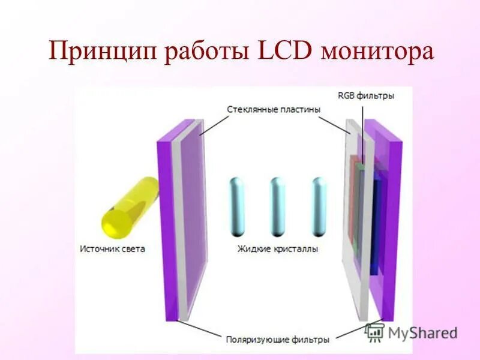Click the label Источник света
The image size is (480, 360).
[x=112, y=248]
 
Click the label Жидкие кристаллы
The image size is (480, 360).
[x=278, y=248]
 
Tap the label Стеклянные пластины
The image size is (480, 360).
[x=274, y=110]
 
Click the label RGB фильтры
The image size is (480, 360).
[x=366, y=95]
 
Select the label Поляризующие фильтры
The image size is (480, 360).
[x=277, y=339]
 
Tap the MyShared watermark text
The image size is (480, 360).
[x=422, y=332]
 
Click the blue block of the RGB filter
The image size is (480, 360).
[x=376, y=222]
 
